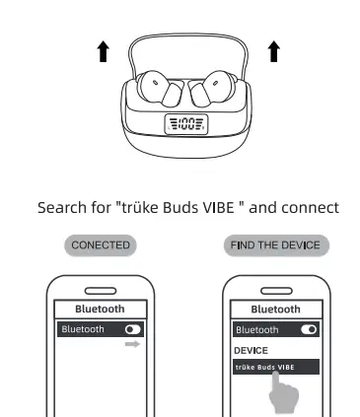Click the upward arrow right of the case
[273, 52]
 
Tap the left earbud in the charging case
[160, 91]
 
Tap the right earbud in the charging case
[208, 91]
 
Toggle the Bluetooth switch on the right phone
[308, 329]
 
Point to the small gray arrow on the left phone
[133, 345]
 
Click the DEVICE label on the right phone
[251, 350]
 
